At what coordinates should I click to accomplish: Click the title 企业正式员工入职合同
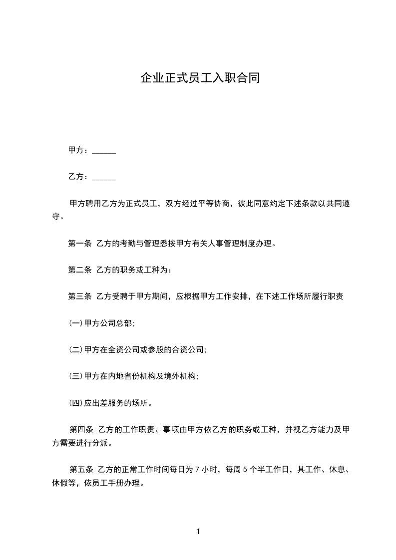[200, 79]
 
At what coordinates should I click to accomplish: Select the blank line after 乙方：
[104, 177]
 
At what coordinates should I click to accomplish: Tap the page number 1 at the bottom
[198, 532]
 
